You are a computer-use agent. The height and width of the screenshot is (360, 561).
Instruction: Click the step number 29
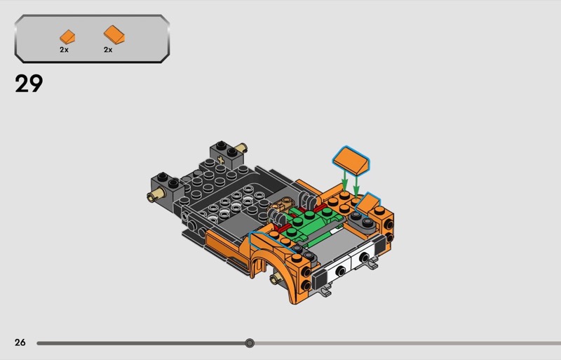(29, 84)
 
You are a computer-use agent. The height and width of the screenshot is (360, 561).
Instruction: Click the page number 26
(20, 342)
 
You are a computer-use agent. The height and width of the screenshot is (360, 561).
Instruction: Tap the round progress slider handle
(250, 343)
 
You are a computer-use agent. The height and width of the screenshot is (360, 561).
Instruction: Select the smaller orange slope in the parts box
(67, 37)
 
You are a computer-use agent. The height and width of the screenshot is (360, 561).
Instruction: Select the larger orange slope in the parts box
(114, 35)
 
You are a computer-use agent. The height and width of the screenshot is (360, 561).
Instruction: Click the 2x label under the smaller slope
(64, 50)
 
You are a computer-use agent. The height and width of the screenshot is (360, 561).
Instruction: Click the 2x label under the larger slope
(108, 50)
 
